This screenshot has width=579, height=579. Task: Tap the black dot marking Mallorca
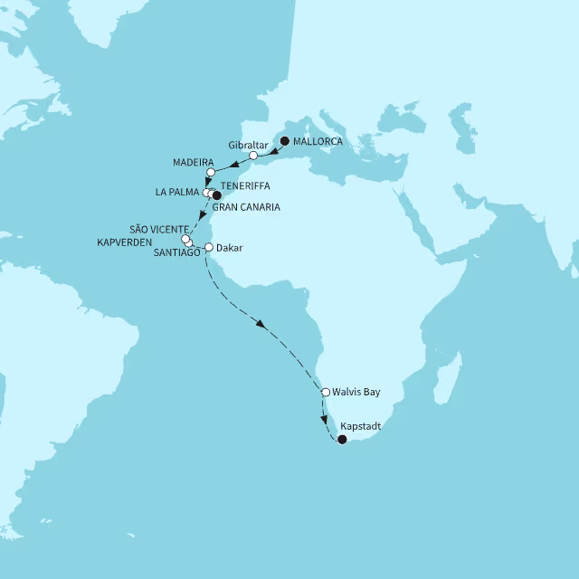coord(285,141)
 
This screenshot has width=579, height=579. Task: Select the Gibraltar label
coord(248,145)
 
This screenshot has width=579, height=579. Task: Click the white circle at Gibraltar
coord(253,156)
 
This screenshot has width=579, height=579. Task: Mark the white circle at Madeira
coord(210,172)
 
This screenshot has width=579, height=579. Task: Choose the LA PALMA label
coord(177,192)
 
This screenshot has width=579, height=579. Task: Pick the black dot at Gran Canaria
coord(216,195)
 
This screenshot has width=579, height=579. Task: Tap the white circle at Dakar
coord(209,247)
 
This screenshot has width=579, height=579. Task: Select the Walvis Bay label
coord(356,392)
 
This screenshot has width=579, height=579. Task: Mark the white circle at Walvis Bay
coord(326,392)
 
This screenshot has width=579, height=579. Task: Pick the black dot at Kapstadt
coord(341,440)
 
